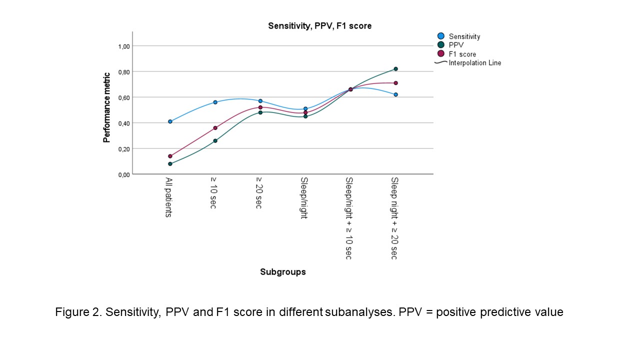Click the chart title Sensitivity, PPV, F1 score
tap(319, 26)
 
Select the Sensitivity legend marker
tap(441, 36)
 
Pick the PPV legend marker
tap(441, 45)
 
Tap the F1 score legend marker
tap(441, 54)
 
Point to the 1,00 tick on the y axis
tap(123, 46)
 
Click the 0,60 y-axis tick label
tap(123, 97)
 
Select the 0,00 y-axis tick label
tap(123, 174)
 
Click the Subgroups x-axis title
tap(282, 272)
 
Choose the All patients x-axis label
tap(169, 196)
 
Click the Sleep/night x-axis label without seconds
tap(304, 198)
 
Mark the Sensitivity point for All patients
tap(170, 121)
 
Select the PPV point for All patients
tap(170, 164)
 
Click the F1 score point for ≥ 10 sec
tap(215, 128)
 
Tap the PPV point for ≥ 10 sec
tap(215, 141)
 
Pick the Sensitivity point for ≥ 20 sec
tap(260, 101)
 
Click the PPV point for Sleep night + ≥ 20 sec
tap(395, 69)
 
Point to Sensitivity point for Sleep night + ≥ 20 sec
tap(395, 94)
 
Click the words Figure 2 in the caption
tap(76, 312)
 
